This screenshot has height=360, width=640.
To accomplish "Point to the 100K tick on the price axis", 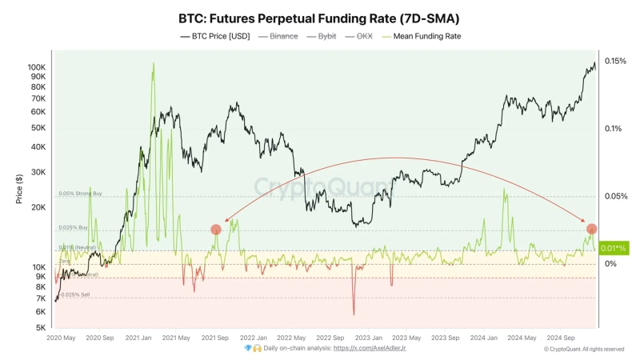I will pos(37,67).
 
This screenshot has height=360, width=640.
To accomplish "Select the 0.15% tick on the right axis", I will pos(615,61).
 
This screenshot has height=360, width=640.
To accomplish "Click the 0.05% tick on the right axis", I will pos(615,196).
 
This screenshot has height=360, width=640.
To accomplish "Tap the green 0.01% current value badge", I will pos(614,248).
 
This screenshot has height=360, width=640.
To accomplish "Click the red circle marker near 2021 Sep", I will pos(216,230).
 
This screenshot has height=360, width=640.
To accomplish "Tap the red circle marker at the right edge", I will pos(591,229).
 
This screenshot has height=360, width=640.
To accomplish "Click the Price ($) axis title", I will pos(19,188).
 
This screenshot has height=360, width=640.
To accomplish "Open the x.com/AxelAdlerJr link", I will pos(370,349).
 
